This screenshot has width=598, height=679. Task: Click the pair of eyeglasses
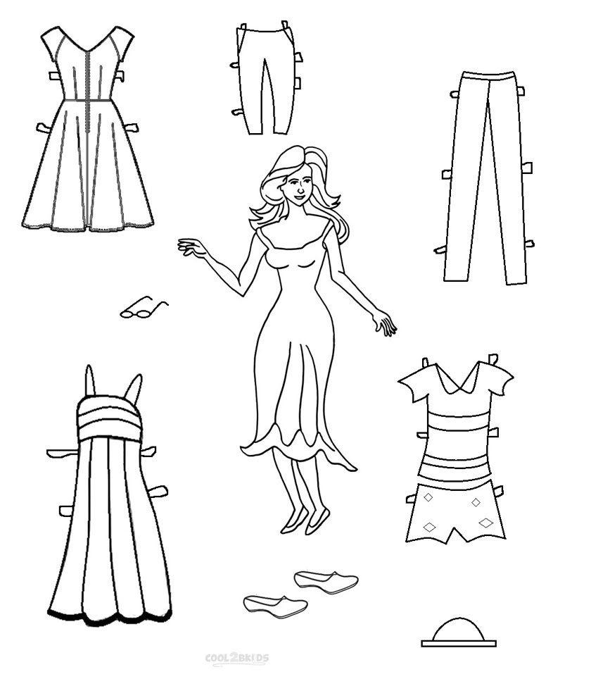click(x=143, y=308)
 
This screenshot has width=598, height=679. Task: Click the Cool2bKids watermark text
click(x=236, y=659)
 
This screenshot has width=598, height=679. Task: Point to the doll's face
click(x=297, y=187)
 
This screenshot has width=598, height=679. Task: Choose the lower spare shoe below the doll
click(x=275, y=604)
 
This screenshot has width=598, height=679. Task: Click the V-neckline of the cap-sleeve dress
click(x=87, y=45)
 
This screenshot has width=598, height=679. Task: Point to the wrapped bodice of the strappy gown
click(x=109, y=416)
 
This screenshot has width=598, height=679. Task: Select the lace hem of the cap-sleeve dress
click(x=87, y=227)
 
